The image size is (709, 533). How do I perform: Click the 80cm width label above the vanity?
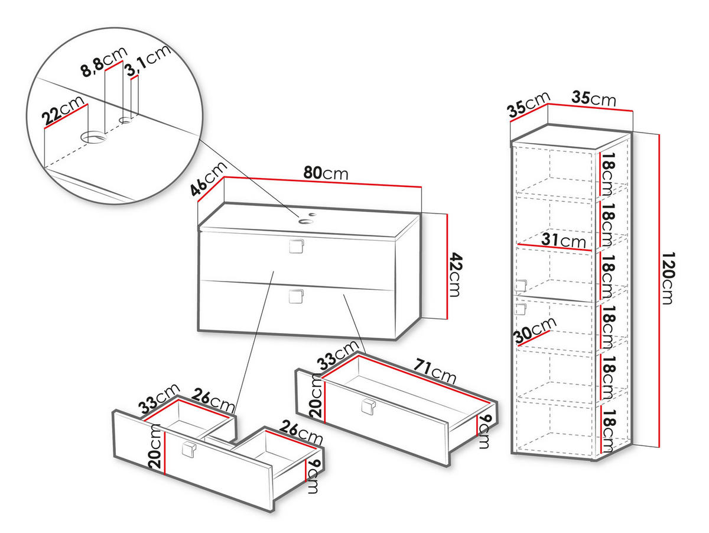click(326, 174)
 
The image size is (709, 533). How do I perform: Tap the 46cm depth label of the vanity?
click(209, 179)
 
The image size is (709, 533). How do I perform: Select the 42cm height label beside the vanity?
click(456, 275)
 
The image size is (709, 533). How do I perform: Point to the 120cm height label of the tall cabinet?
click(667, 278)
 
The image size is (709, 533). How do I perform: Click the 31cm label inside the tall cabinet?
click(563, 241)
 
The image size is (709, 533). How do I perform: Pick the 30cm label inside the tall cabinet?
click(535, 330)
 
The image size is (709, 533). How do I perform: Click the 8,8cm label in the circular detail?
click(104, 62)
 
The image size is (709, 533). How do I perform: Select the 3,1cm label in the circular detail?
click(148, 60)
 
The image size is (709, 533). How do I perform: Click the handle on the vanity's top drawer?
click(296, 246)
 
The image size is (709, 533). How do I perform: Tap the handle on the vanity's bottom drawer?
click(296, 296)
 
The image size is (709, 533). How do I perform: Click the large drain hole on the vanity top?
click(305, 222)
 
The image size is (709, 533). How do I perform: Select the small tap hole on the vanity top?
click(313, 214)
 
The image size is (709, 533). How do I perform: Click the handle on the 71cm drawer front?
click(369, 406)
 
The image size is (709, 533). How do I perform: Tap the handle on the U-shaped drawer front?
click(188, 450)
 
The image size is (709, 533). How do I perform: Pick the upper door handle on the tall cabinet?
click(521, 286)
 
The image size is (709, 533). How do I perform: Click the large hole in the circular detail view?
click(94, 137)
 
